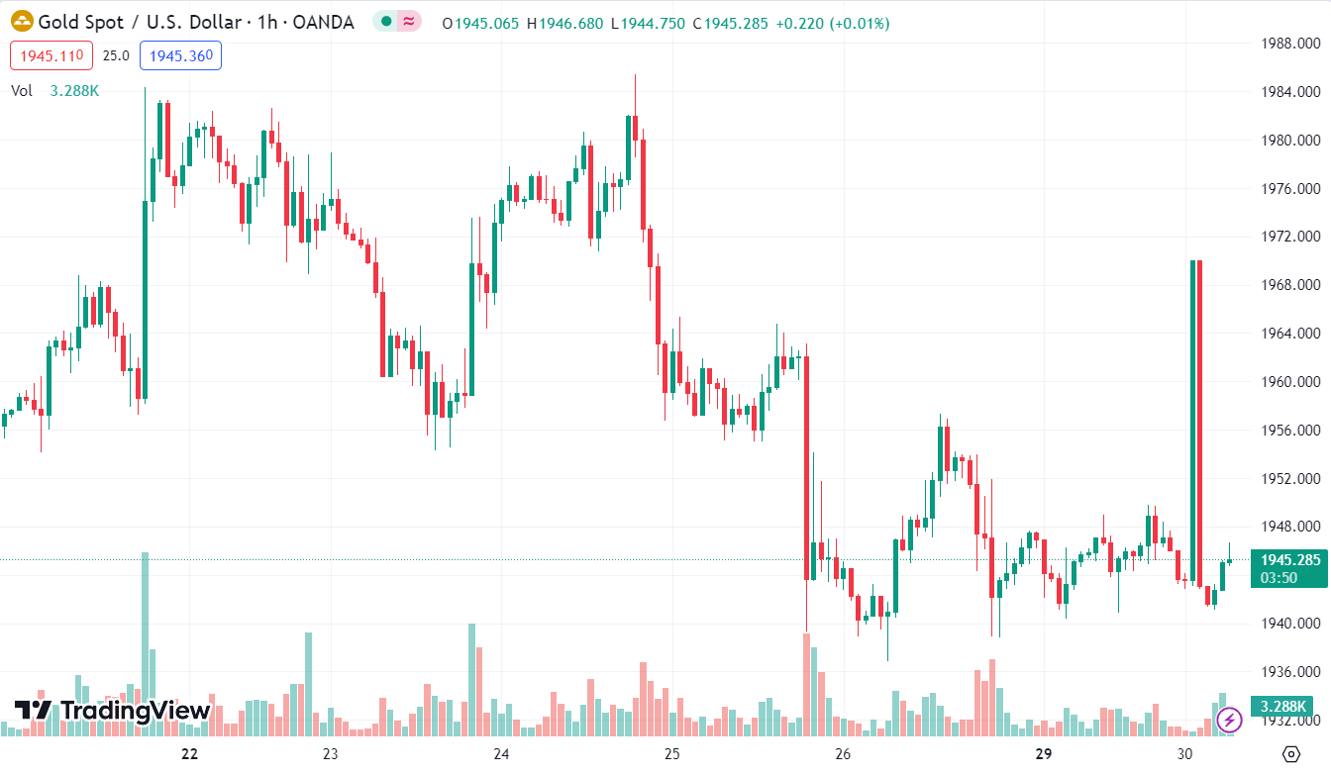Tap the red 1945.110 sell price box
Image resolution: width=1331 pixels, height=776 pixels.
pyautogui.click(x=51, y=55)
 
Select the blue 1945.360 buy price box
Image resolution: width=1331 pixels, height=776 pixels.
pyautogui.click(x=180, y=55)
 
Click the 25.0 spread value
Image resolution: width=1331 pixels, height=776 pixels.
pyautogui.click(x=116, y=55)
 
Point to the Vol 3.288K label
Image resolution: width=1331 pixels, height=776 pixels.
pyautogui.click(x=54, y=91)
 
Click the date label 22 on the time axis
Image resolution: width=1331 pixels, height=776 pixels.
pyautogui.click(x=190, y=754)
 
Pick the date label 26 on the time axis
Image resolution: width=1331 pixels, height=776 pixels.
pyautogui.click(x=843, y=754)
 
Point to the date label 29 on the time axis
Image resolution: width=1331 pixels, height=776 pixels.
pyautogui.click(x=1043, y=754)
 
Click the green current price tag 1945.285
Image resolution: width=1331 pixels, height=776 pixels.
pyautogui.click(x=1289, y=560)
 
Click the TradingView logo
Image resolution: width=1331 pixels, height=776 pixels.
pyautogui.click(x=112, y=711)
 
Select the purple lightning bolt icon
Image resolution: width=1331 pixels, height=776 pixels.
pyautogui.click(x=1229, y=720)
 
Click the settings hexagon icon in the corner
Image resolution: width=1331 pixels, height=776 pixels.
pyautogui.click(x=1290, y=754)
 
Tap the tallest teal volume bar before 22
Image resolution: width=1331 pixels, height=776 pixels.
pyautogui.click(x=145, y=643)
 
